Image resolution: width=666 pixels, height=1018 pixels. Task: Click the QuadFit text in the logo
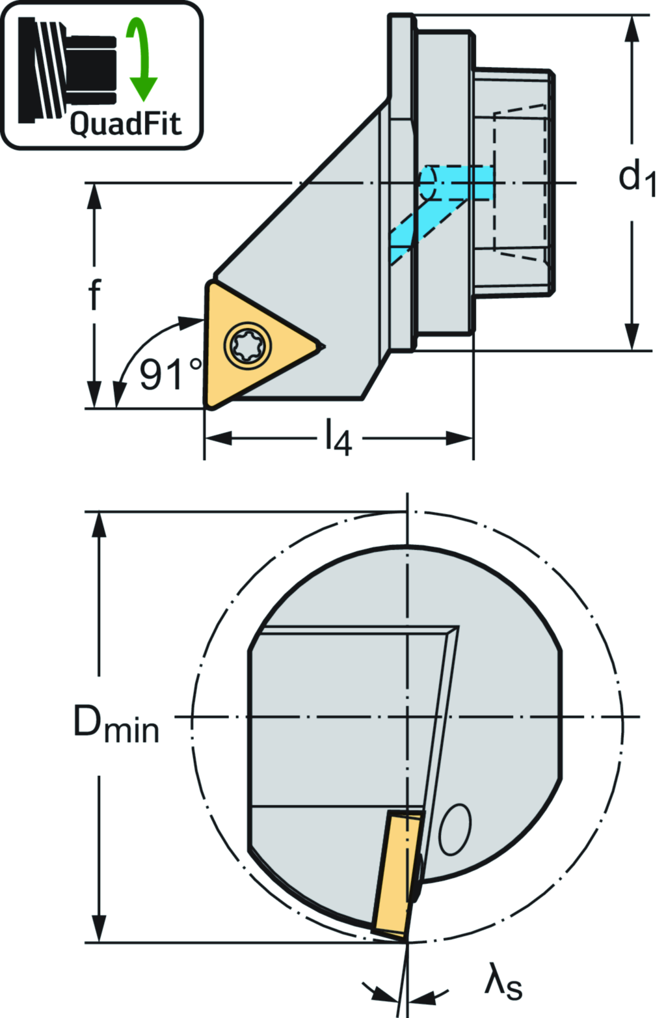click(126, 124)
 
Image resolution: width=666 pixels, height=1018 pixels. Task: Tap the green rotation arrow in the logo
click(141, 59)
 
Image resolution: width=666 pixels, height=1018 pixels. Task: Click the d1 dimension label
click(637, 177)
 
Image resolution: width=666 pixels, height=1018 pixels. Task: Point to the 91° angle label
click(170, 374)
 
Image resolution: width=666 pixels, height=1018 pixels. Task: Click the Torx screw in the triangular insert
click(247, 345)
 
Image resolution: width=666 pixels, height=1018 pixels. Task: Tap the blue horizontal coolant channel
click(457, 183)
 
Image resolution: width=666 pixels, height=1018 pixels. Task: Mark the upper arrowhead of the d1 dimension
click(632, 29)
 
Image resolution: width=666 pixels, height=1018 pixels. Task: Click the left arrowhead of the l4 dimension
click(219, 439)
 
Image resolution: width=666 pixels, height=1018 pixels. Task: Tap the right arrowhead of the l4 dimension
click(459, 439)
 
